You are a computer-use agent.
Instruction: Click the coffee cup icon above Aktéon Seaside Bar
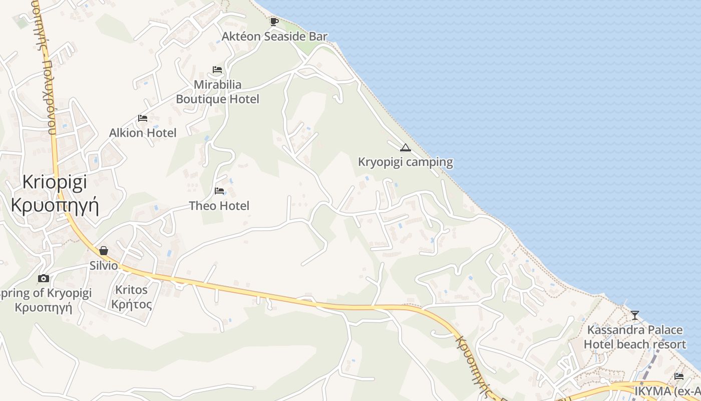(274, 22)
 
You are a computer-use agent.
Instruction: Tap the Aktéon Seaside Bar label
(275, 37)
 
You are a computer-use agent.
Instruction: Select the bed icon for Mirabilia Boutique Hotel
(217, 70)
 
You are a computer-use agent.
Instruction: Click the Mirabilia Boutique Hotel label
(217, 92)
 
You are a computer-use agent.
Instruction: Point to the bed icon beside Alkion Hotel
(143, 118)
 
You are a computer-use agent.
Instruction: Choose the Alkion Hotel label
(143, 133)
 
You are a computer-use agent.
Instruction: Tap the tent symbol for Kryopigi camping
(405, 147)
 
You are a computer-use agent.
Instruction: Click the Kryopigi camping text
(406, 162)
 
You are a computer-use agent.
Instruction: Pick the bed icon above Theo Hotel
(219, 191)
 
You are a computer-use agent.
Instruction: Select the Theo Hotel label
(219, 206)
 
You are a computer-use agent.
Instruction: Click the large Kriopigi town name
(55, 181)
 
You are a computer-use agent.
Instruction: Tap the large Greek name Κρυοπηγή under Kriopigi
(55, 205)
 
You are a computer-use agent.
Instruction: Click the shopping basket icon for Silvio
(104, 251)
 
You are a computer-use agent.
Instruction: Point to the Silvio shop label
(104, 265)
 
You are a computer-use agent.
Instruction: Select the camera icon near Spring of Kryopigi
(44, 278)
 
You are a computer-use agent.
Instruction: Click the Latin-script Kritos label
(131, 290)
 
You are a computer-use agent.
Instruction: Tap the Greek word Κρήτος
(131, 304)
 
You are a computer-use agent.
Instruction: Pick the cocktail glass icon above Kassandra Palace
(635, 315)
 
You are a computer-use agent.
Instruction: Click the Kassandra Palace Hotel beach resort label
(635, 337)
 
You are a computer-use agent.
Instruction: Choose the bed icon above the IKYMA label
(679, 376)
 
